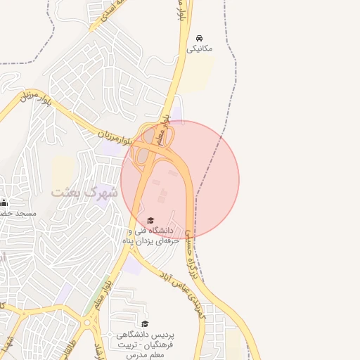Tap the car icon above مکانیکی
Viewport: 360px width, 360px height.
(x=200, y=37)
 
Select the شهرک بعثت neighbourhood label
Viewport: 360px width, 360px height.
(x=84, y=191)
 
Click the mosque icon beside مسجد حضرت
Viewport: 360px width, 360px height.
(x=4, y=202)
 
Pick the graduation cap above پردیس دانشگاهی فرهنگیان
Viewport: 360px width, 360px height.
(x=145, y=323)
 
